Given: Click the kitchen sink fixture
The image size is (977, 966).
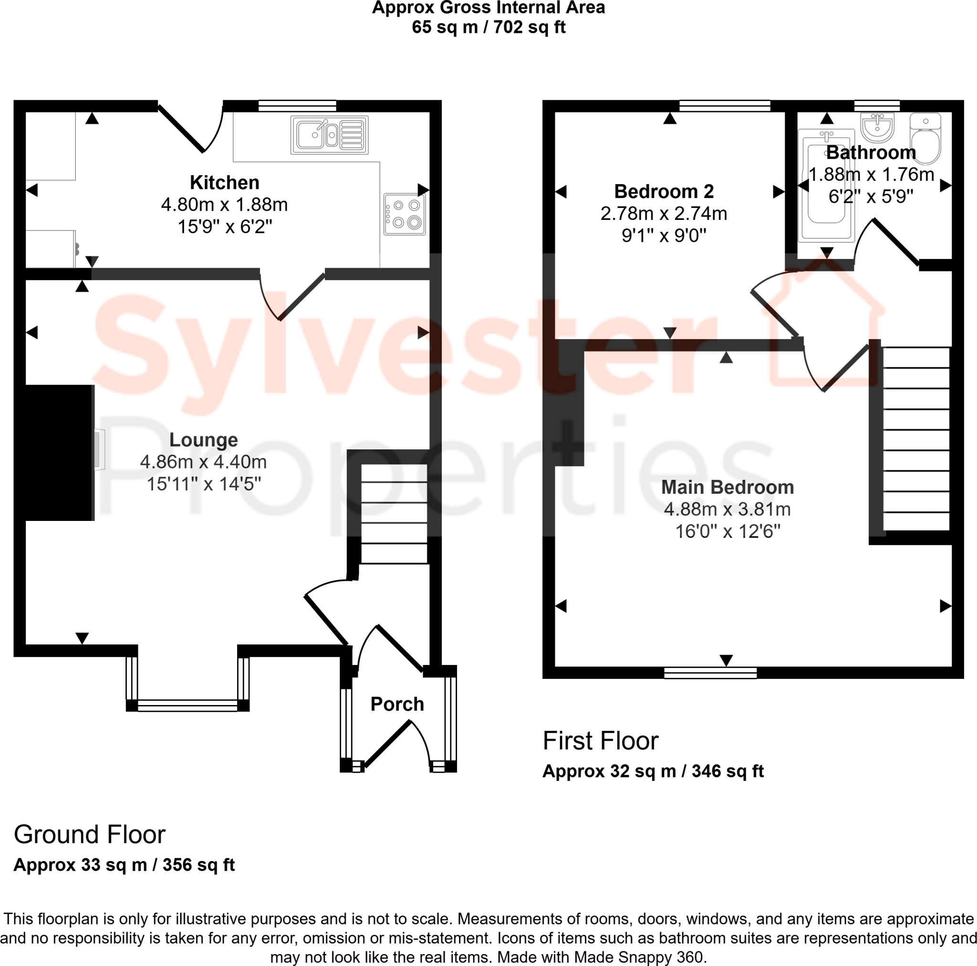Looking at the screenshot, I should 329,135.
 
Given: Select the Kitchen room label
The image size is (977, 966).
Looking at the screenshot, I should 225,182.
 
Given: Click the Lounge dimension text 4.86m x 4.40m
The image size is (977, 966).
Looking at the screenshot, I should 203,462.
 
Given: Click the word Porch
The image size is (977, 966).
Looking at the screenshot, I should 397,704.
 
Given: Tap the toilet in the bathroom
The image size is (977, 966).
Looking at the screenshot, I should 925,139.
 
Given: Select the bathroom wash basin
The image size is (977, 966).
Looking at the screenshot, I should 877,127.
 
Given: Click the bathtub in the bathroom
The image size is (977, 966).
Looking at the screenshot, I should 826,185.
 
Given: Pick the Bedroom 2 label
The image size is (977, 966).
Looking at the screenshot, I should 664,191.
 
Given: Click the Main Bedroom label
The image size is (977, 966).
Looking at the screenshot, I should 727,487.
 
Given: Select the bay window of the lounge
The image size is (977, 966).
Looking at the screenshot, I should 187,705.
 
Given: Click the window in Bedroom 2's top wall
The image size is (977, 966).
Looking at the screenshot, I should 724,106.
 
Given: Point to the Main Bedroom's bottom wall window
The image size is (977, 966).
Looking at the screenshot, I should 710,672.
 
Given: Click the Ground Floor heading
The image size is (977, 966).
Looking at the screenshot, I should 90,834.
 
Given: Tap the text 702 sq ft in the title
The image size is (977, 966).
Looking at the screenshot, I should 529,27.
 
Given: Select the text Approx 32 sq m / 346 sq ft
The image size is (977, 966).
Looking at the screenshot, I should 652,771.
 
